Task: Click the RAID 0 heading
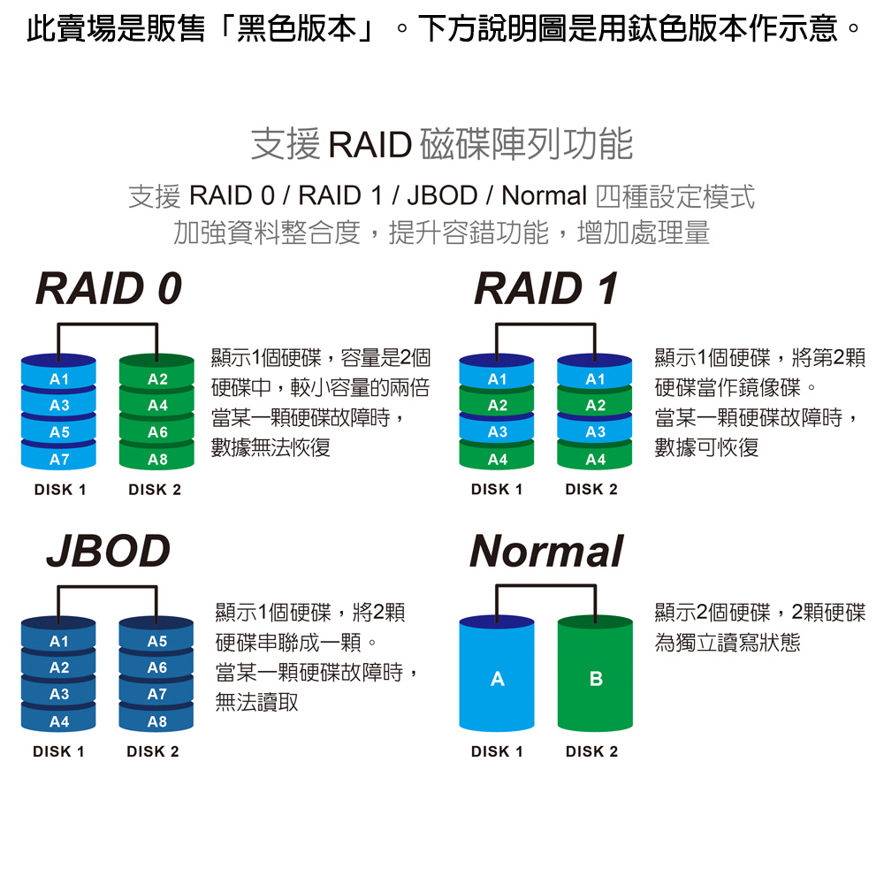coord(109,289)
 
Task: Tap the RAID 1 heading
coord(545,289)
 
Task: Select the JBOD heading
coord(108,551)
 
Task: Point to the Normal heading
coord(546,551)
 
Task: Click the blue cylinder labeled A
coord(497,679)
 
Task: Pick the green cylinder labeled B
coord(595,679)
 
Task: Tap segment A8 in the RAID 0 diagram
coord(156,460)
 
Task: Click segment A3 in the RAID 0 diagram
coord(59,406)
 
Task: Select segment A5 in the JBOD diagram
coord(156,641)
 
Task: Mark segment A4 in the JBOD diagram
coord(59,721)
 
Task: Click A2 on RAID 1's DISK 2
coord(595,406)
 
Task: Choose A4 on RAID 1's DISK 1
coord(497,460)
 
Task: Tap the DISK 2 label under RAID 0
coord(155,490)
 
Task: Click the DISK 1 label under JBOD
coord(58,752)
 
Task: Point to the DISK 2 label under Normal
coord(592,752)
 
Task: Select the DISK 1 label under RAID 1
coord(497,490)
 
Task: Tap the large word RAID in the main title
coord(370,145)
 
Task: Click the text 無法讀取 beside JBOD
coord(256,703)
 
